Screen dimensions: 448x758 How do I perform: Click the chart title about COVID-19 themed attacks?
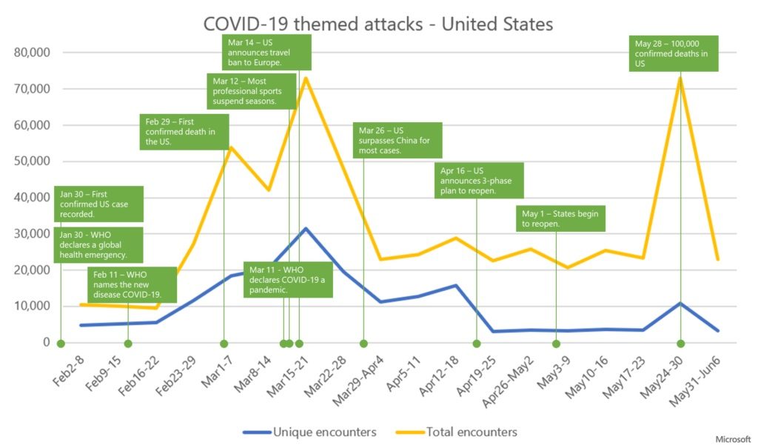click(x=378, y=24)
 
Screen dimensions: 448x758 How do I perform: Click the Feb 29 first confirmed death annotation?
click(x=184, y=132)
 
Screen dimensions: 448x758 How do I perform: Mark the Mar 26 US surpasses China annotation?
click(x=397, y=140)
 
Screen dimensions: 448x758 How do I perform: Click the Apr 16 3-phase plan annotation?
click(x=480, y=181)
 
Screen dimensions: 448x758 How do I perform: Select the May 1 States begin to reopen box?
click(x=561, y=218)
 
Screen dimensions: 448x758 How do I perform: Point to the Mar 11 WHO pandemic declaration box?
click(x=288, y=279)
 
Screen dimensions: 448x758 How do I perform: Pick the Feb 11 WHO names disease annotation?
click(x=134, y=284)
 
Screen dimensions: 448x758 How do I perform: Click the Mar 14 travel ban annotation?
click(x=266, y=52)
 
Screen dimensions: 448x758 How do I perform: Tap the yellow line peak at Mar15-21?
click(x=305, y=78)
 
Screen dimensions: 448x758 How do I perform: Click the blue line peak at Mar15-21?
click(x=305, y=228)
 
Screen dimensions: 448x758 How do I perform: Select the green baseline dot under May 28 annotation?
click(x=680, y=344)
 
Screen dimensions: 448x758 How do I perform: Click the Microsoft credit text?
click(x=733, y=439)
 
